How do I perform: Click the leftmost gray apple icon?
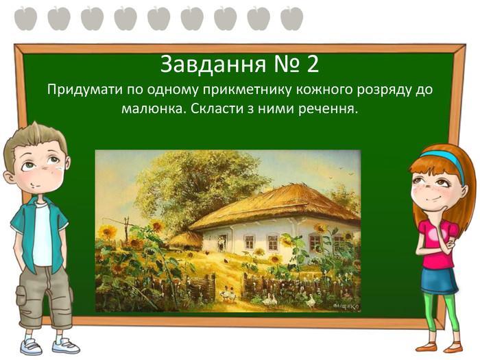(26, 19)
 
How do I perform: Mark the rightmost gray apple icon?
(291, 19)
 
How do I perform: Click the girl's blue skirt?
(440, 279)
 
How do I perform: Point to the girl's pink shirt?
(437, 243)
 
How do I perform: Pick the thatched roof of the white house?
(276, 205)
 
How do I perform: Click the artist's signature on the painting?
(345, 306)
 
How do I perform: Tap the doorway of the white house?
(222, 243)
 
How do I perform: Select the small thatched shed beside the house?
(186, 239)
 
